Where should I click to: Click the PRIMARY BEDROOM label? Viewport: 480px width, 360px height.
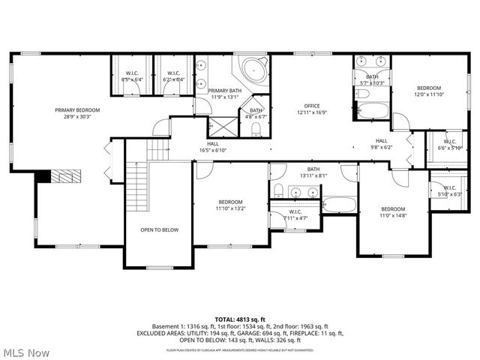[77, 110]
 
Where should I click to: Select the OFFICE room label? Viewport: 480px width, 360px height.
[312, 106]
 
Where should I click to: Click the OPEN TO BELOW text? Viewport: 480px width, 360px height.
[160, 229]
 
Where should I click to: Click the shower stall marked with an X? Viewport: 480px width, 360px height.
[222, 127]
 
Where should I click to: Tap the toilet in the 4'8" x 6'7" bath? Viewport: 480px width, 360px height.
[256, 130]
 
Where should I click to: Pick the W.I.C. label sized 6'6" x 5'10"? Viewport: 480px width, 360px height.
[450, 145]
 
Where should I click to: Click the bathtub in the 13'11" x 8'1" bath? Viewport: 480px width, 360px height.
[339, 205]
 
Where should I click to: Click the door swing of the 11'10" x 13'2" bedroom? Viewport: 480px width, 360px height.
[204, 171]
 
